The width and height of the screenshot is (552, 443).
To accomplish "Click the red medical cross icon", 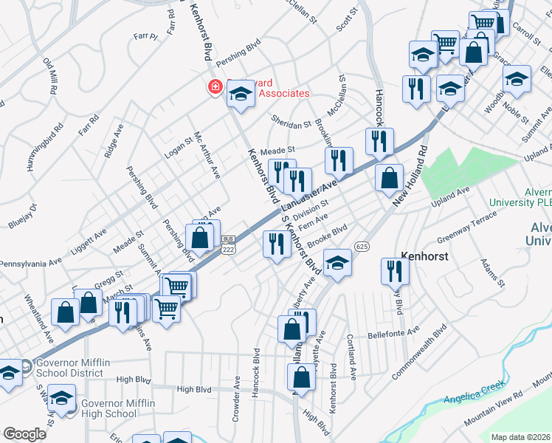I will click(x=215, y=87).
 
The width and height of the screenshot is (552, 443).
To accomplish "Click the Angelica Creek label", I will click(x=475, y=393).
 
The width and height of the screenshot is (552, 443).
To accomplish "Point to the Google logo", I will click(x=24, y=433).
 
